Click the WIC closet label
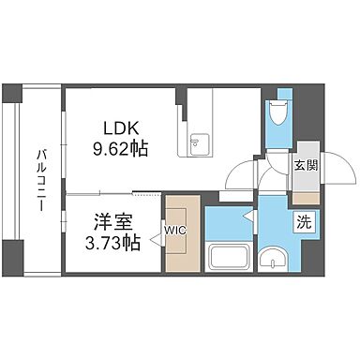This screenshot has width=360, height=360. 175,229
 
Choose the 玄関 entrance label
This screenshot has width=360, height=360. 305,165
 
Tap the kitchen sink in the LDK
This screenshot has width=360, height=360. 199,142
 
